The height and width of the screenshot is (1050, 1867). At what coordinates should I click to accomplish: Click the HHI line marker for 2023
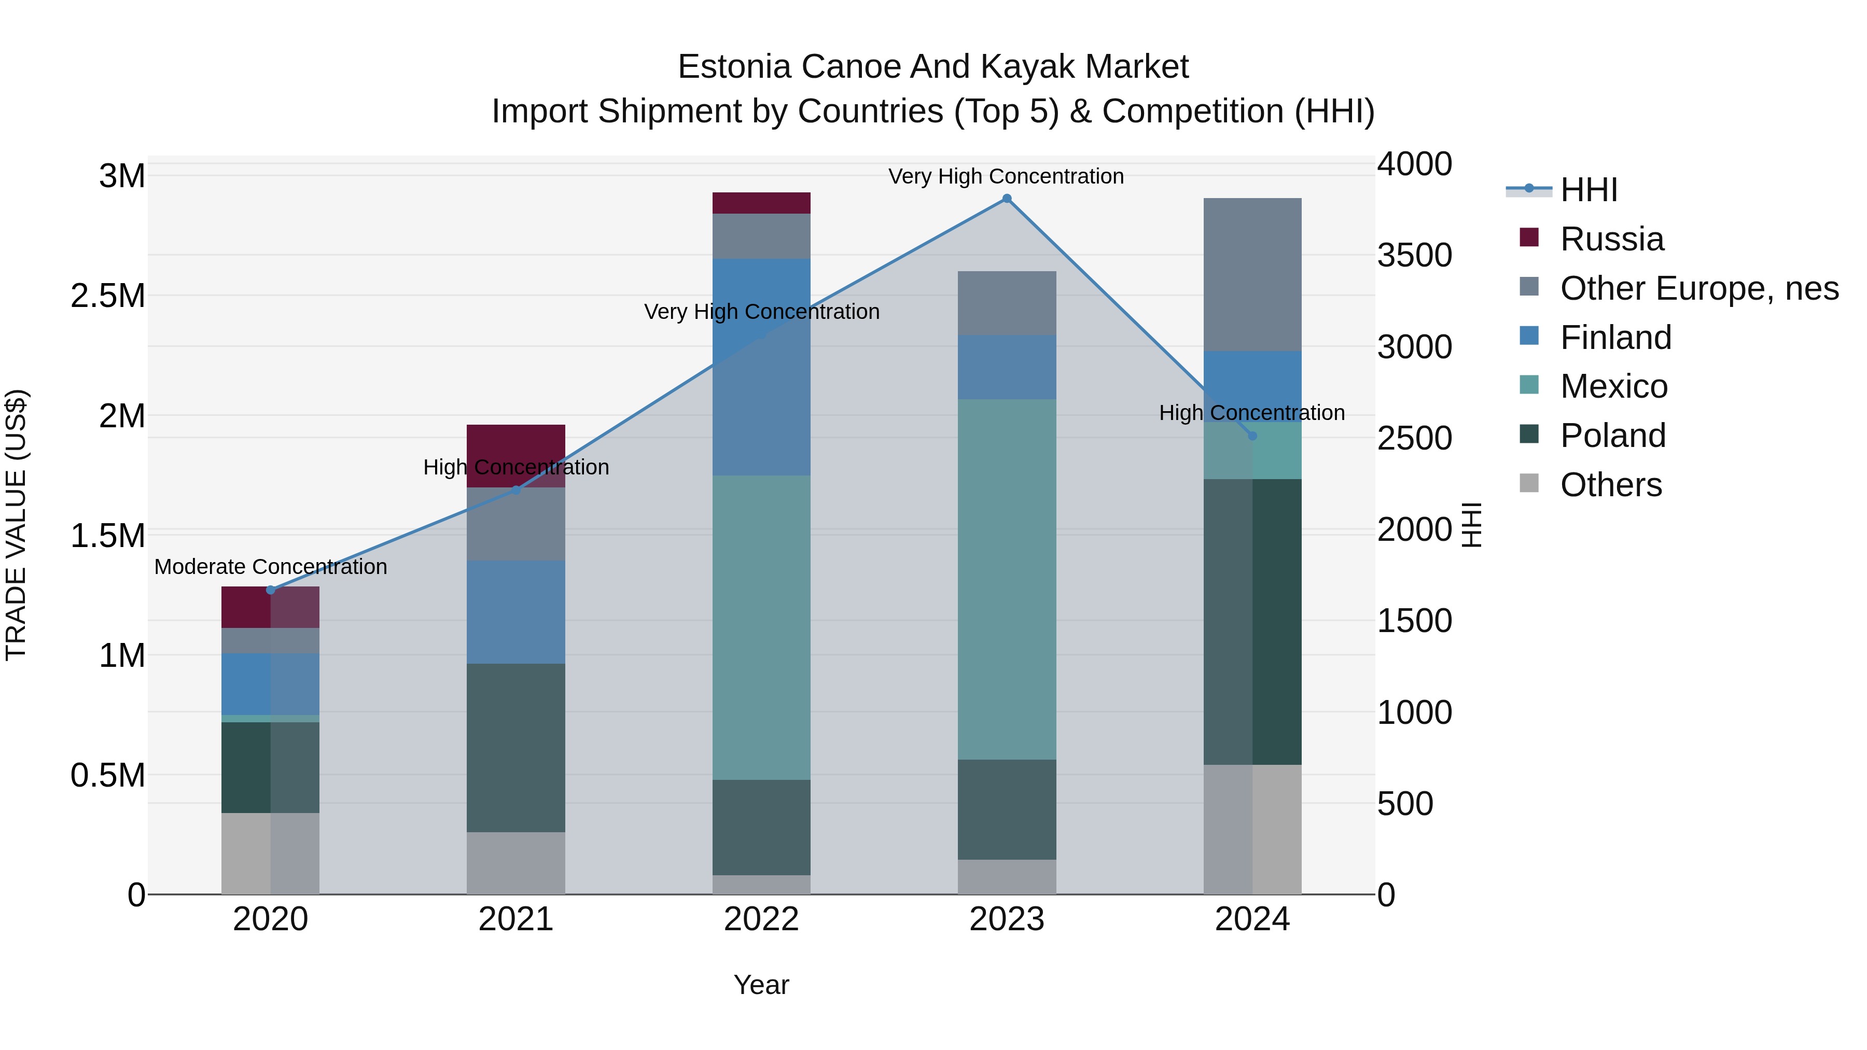(x=1006, y=199)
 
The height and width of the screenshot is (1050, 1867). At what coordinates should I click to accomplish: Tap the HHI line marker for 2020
(x=270, y=590)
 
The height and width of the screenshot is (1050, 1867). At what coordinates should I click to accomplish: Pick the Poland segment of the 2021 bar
(x=515, y=747)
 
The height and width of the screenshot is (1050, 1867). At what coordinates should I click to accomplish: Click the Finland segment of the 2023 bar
(x=1006, y=367)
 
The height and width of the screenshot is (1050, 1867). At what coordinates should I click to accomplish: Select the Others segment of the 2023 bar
(x=1006, y=877)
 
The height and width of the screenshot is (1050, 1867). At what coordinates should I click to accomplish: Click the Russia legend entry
(x=1611, y=239)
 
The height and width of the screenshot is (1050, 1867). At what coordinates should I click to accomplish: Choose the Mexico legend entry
(x=1613, y=386)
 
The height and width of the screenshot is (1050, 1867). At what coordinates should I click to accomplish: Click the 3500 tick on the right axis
(x=1414, y=255)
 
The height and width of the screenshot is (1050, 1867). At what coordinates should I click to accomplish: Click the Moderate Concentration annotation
(x=270, y=567)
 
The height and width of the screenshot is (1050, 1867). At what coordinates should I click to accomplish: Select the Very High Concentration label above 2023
(x=1006, y=176)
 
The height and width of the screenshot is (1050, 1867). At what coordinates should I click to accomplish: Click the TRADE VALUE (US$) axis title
(x=16, y=525)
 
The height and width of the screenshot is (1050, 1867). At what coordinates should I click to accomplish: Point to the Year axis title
(x=761, y=985)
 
